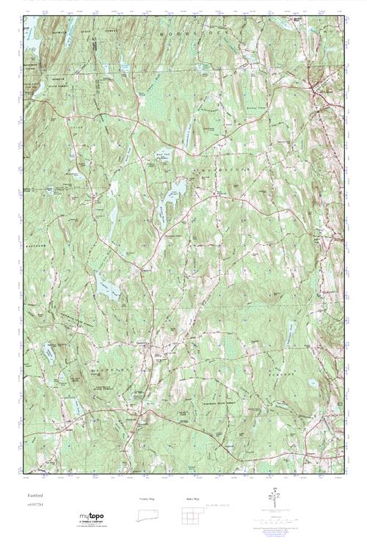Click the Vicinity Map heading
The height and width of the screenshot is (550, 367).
(x=147, y=498)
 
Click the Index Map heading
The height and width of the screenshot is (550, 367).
(x=192, y=498)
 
